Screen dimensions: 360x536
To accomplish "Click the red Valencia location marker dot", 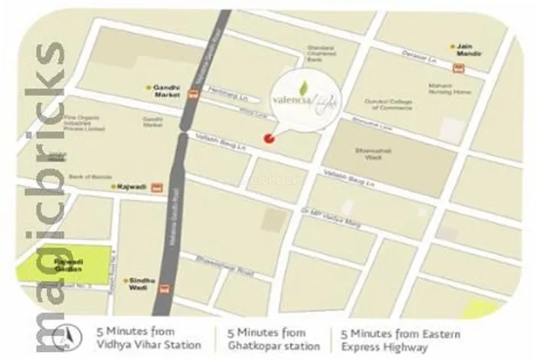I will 268,139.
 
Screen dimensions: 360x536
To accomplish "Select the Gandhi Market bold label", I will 167,90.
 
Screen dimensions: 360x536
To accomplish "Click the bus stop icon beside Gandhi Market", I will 193,94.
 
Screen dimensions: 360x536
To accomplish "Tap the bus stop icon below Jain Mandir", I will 458,67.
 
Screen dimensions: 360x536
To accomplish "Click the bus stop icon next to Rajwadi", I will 157,186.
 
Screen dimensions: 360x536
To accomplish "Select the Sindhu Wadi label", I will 142,284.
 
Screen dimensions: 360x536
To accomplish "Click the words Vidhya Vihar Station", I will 148,345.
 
